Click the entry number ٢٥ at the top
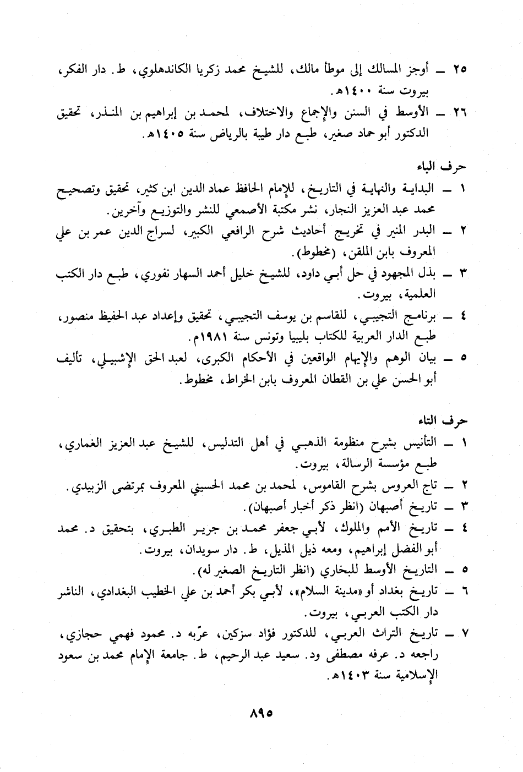pos(459,70)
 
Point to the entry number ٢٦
pos(459,113)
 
